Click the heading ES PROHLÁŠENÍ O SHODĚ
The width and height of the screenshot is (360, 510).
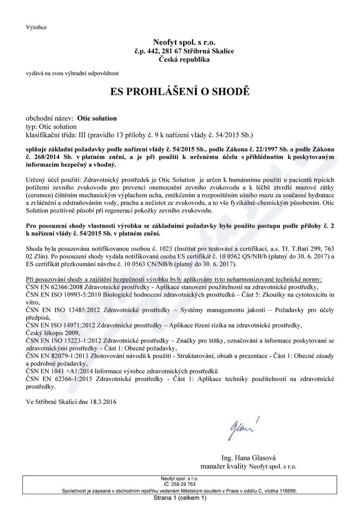coord(180,91)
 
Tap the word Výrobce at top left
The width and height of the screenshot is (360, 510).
coord(36,27)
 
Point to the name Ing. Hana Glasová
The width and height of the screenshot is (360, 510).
coord(248,457)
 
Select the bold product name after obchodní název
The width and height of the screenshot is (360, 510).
coord(97,118)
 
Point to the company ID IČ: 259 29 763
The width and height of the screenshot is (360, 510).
coord(180,484)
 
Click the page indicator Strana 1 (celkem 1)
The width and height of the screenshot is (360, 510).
coord(180,498)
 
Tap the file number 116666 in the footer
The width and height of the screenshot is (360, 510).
coord(287,490)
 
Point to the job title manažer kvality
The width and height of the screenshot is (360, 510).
coord(223,466)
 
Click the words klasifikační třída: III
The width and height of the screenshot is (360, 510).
coord(57,135)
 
